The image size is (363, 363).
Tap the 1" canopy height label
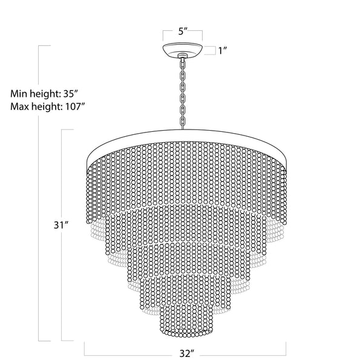coord(221,51)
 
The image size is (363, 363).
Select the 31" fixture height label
coord(59,224)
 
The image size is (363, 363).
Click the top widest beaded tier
coord(185,175)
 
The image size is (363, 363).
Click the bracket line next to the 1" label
coord(212,51)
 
